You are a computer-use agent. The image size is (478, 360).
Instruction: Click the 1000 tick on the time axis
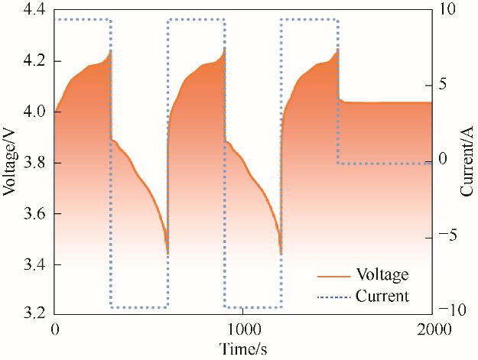click(x=243, y=331)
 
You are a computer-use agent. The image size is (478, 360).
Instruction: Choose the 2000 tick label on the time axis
click(x=432, y=331)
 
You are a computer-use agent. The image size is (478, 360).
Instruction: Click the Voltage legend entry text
click(x=382, y=274)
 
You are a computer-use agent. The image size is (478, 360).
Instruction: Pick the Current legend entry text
click(x=382, y=295)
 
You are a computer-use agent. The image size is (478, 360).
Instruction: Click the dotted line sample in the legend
click(x=333, y=296)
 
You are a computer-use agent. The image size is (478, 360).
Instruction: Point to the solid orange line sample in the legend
click(x=333, y=275)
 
